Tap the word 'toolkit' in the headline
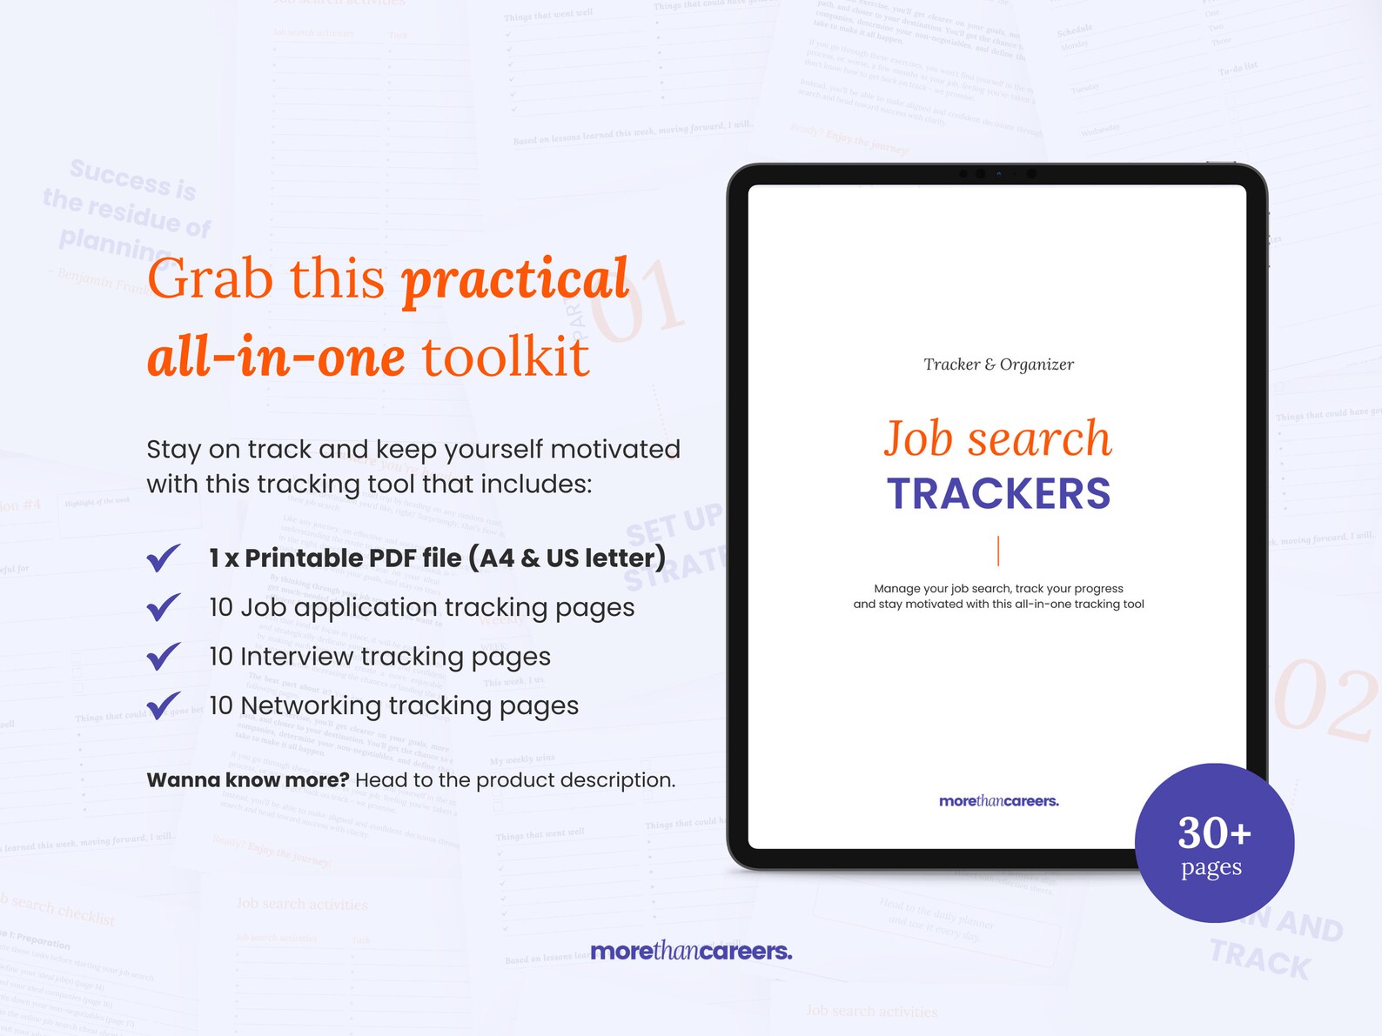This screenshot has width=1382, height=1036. (505, 357)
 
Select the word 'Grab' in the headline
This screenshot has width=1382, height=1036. (210, 280)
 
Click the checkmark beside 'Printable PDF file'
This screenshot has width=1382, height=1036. (164, 558)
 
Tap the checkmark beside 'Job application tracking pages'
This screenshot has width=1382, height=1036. (164, 607)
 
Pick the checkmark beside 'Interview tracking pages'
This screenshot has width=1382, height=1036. (164, 656)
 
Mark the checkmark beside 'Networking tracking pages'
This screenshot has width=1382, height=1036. (164, 705)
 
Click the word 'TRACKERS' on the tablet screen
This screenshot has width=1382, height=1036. (998, 494)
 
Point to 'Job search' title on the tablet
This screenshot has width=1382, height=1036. (998, 438)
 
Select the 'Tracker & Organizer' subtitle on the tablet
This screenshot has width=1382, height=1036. (998, 364)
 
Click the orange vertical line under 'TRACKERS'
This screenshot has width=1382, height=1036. (998, 551)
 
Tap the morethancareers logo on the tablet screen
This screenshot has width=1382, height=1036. (998, 801)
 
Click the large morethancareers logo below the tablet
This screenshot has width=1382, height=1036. (691, 951)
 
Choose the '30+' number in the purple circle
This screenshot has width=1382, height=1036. (1214, 832)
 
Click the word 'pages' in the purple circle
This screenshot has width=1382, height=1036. (1211, 868)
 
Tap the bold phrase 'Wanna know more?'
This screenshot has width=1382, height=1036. (247, 780)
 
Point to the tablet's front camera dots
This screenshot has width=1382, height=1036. (997, 174)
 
